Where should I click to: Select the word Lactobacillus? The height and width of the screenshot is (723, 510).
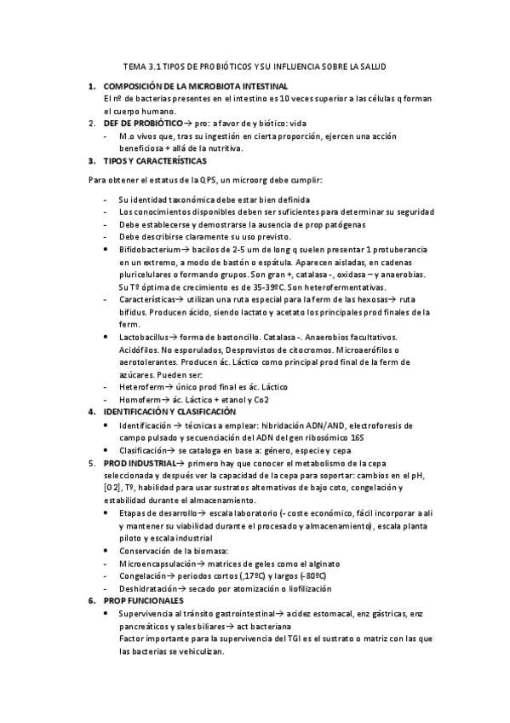pos(145,337)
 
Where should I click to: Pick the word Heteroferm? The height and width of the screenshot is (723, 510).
pos(143,387)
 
